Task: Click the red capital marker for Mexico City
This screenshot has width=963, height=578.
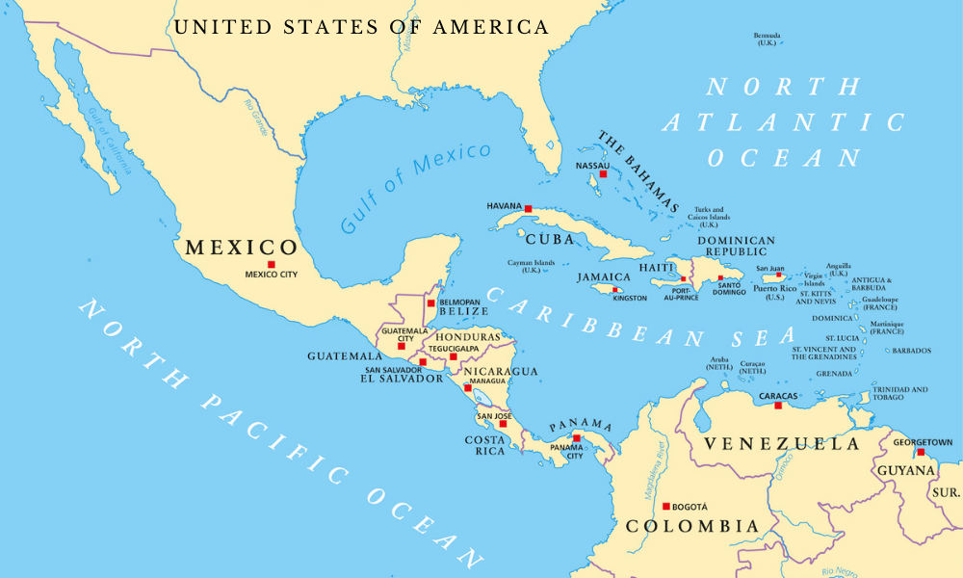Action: point(272,264)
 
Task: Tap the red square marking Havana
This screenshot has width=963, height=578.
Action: point(528,207)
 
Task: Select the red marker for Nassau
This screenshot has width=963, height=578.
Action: point(603,174)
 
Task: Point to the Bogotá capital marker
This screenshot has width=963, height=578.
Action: point(665,505)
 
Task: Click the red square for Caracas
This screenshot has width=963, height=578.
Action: point(778,406)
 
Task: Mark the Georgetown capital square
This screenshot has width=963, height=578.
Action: point(921,452)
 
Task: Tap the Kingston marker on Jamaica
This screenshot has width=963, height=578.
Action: point(616,289)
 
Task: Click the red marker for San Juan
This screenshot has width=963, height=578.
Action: point(779,276)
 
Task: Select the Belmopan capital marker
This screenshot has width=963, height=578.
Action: point(430,302)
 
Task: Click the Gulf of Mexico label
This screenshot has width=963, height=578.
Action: point(415,188)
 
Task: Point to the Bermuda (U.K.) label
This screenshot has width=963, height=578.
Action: point(767,39)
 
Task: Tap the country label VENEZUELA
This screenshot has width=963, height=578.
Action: point(781,444)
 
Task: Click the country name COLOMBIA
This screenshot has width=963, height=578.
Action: point(692,527)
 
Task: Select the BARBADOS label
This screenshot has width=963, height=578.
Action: point(911,351)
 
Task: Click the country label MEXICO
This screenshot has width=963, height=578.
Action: point(242,248)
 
